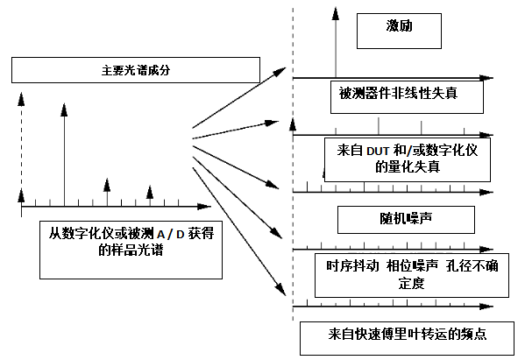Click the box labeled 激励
399,32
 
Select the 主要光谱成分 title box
136,70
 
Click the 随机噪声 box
406,220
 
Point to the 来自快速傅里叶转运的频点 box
407,338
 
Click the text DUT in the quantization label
378,152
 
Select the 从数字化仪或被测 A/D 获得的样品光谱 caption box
131,250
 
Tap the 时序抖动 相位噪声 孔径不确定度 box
412,275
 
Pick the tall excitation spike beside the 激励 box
336,43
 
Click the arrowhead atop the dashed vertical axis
21,99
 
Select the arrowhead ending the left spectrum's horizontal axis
204,207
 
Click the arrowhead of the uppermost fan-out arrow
280,71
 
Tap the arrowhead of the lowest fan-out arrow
281,289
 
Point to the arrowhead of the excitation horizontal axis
486,78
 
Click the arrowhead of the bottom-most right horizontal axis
486,307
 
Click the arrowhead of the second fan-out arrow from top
273,123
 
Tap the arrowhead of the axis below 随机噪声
486,250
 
